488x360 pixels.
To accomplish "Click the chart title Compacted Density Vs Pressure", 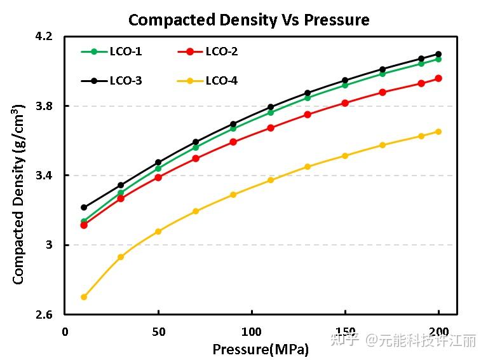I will tap(248, 20).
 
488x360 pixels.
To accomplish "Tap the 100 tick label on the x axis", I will tap(252, 332).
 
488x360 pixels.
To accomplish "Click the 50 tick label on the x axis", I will tap(158, 332).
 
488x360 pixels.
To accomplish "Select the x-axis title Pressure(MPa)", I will tap(261, 349).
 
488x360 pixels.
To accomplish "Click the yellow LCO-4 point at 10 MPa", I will tap(84, 297).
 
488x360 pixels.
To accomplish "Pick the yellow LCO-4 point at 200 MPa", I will tap(438, 132).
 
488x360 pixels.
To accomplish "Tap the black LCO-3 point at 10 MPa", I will tap(84, 207).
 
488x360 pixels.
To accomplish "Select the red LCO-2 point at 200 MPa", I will tap(438, 78).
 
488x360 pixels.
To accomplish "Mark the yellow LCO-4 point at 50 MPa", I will tap(158, 232).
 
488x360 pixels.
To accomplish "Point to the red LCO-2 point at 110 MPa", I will tap(271, 128).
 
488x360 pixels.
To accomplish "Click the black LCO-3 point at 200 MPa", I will tap(438, 54).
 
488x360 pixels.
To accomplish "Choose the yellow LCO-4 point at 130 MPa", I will tap(308, 167).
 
